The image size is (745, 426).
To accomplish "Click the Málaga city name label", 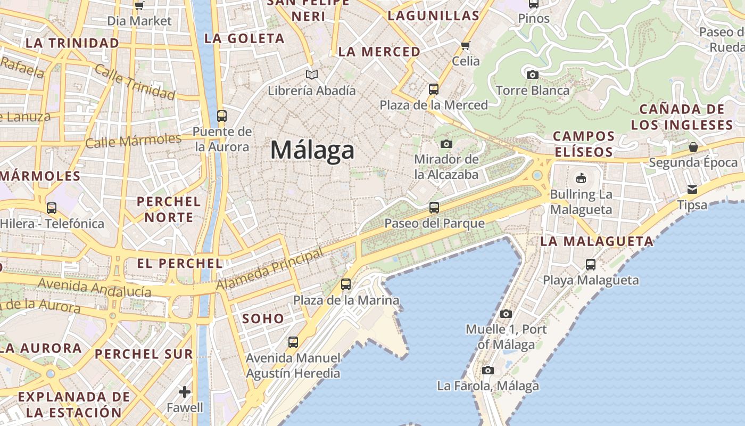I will tap(312, 151).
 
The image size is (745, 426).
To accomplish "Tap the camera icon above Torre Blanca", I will tap(532, 75).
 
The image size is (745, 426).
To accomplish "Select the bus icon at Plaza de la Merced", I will tap(434, 89).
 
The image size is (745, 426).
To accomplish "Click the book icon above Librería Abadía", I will tap(311, 75).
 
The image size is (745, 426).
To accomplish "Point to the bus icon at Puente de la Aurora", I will tap(222, 116).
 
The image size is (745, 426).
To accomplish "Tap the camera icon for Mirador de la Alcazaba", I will tap(446, 144).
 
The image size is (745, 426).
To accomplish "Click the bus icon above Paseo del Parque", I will tap(434, 208).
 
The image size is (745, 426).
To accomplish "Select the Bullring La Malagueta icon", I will tap(581, 178).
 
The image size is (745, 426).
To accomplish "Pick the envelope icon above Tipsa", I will tap(692, 190).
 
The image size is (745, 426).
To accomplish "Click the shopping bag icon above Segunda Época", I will tap(693, 147).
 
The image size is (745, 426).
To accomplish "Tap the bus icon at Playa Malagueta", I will tap(591, 264).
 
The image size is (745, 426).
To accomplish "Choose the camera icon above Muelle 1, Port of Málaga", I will tap(506, 314).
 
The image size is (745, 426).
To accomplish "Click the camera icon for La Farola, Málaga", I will tap(488, 370).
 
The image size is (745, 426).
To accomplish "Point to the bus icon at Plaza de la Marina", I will tap(346, 284).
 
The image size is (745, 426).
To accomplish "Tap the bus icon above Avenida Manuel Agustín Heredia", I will tap(293, 342).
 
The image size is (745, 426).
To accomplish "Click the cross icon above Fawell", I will tap(185, 392).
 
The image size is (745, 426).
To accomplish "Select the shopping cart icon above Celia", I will tap(466, 46).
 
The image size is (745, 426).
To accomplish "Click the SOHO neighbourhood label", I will tap(263, 319).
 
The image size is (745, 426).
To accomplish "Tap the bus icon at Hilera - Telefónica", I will tap(52, 208).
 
